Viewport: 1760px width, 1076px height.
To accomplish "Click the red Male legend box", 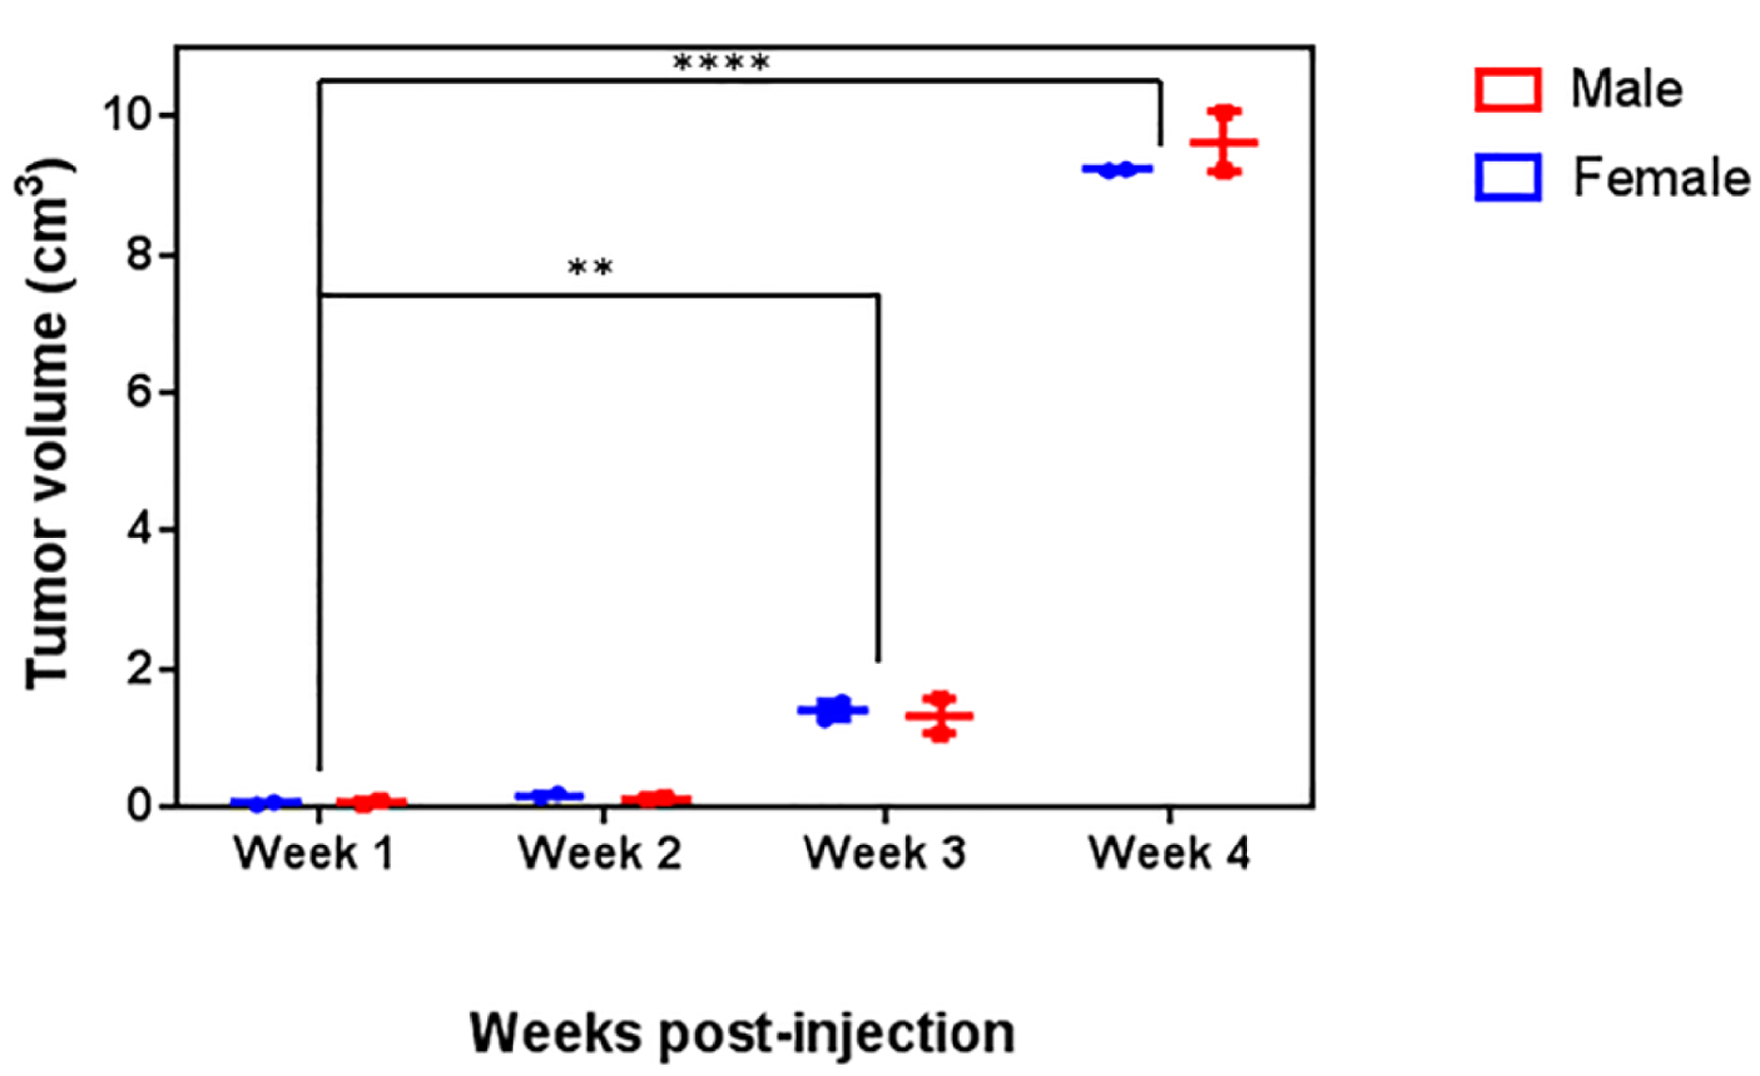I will tap(1508, 89).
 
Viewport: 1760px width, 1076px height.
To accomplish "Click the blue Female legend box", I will tap(1508, 177).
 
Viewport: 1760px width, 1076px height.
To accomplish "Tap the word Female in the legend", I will tap(1661, 177).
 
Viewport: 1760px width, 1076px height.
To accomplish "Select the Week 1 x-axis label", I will tap(315, 853).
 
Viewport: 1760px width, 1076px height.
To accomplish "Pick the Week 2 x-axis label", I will tap(600, 853).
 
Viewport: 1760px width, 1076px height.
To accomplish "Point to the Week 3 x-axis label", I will tap(884, 853).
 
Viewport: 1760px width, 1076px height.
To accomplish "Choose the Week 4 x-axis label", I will tap(1169, 853).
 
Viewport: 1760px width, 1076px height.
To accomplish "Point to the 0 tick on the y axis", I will tap(139, 805).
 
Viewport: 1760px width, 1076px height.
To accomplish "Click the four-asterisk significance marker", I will tap(721, 64).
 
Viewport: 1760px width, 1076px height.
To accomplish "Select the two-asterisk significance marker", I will tap(590, 268).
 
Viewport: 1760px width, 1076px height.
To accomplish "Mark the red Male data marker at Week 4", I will tap(1224, 142).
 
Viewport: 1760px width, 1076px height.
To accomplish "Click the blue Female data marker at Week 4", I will tap(1117, 170).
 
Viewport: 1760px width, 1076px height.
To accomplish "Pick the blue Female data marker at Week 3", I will tap(832, 710).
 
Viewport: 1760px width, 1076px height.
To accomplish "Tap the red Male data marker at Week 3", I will tap(939, 716).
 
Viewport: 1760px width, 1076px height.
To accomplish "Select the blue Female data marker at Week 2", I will tap(549, 795).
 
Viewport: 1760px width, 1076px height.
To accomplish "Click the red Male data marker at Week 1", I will tap(370, 802).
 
